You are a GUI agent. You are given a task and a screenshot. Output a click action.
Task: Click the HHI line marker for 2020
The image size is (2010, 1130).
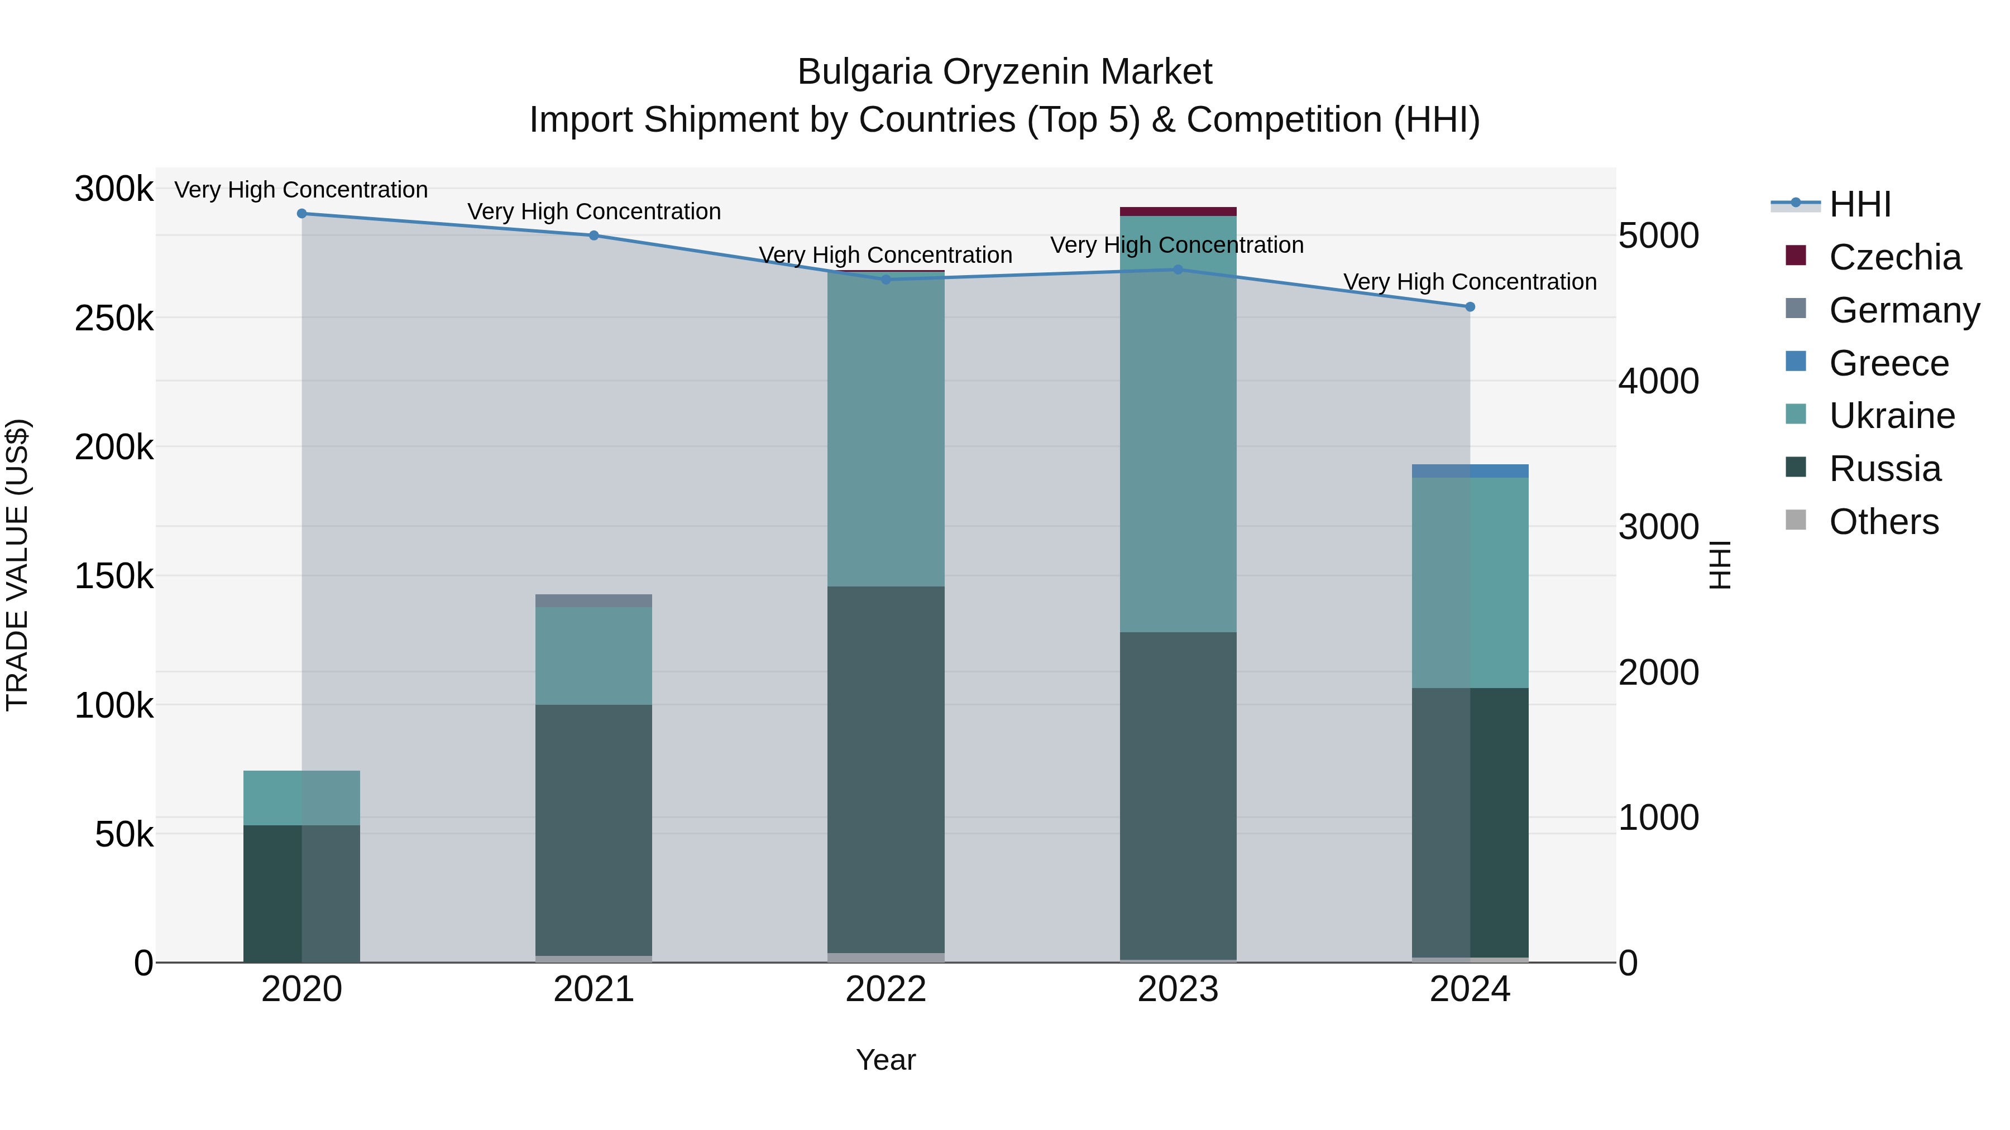[x=302, y=214]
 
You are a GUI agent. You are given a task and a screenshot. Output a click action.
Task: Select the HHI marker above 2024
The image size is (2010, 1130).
[x=1470, y=307]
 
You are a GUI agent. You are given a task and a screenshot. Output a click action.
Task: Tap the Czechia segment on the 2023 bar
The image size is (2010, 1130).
[x=1178, y=211]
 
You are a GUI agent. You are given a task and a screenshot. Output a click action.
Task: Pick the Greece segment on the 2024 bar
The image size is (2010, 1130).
[x=1470, y=471]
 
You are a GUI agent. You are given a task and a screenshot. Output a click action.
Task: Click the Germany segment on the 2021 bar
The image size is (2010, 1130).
[x=594, y=600]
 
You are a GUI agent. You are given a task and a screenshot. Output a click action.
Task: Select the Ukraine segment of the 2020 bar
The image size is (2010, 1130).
[x=302, y=798]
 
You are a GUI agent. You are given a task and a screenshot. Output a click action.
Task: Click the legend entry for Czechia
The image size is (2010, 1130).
[x=1894, y=257]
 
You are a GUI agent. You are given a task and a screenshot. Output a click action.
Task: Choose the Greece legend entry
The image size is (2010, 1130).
[x=1888, y=363]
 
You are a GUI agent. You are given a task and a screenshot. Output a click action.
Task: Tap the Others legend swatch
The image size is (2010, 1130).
[x=1796, y=520]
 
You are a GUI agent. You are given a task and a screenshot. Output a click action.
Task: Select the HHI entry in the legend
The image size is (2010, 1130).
[x=1859, y=204]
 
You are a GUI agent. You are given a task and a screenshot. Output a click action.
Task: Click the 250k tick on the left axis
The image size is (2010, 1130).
[x=114, y=318]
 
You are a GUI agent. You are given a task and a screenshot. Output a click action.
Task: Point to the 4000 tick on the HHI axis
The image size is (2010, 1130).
[x=1658, y=381]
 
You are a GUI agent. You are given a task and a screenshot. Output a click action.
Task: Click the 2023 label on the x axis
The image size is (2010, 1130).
[x=1178, y=989]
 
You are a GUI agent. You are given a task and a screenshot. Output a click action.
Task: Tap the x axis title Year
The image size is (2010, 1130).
[x=886, y=1060]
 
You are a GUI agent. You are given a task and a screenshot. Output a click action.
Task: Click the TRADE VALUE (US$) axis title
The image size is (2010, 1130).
[x=17, y=565]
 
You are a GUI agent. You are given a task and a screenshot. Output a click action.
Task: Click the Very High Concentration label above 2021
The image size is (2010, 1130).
[x=594, y=211]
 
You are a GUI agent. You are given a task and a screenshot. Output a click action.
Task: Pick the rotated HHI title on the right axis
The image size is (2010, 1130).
[x=1720, y=565]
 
